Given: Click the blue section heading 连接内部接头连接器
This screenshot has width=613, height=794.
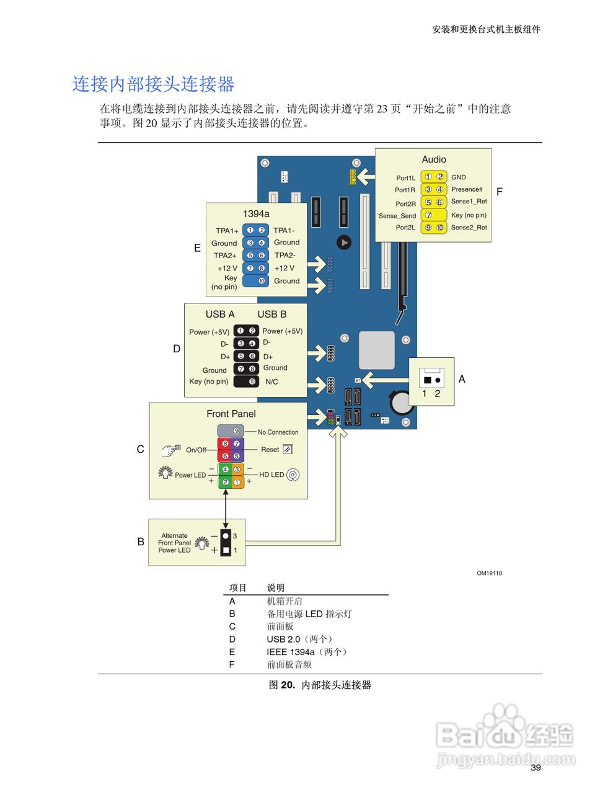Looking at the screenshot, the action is (x=153, y=84).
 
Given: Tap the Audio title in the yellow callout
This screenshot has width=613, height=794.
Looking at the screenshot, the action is (x=434, y=159).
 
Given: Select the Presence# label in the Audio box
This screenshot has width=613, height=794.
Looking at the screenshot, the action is (x=467, y=189).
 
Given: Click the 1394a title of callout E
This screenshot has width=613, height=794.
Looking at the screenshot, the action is (x=256, y=214).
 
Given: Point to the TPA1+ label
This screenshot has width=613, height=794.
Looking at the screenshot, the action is (x=227, y=231).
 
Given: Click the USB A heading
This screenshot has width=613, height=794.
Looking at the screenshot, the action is (x=220, y=314).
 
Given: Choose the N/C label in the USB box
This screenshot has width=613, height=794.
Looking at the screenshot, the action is (x=271, y=382).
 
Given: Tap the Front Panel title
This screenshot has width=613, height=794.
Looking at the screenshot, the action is (x=231, y=414).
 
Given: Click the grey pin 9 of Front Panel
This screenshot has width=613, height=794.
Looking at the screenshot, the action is (x=237, y=431).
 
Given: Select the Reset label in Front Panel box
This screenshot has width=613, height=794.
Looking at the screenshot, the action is (x=270, y=449).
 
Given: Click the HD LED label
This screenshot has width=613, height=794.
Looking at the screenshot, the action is (x=271, y=475).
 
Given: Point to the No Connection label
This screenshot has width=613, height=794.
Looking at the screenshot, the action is (x=278, y=432).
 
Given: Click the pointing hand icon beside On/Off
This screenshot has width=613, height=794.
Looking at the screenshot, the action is (x=170, y=450).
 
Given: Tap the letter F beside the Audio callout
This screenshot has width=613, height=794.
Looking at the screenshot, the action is (x=500, y=192).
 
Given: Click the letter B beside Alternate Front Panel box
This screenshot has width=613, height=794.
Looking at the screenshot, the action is (x=141, y=542).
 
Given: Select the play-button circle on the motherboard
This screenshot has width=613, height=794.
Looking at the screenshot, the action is (x=344, y=243).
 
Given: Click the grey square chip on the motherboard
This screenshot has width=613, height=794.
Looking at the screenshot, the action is (x=376, y=350).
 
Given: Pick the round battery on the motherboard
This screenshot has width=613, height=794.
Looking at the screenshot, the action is (x=400, y=402).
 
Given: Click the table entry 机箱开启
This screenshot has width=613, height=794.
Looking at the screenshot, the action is (x=284, y=601).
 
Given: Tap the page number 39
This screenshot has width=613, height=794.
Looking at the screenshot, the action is (x=536, y=767).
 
